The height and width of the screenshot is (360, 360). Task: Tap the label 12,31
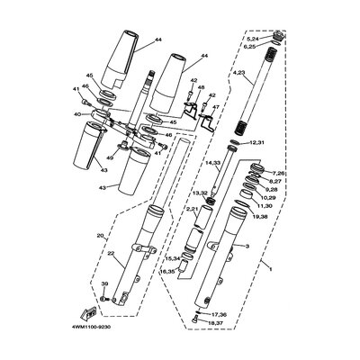[x=256, y=142]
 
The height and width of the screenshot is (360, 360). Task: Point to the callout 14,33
[x=212, y=163]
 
